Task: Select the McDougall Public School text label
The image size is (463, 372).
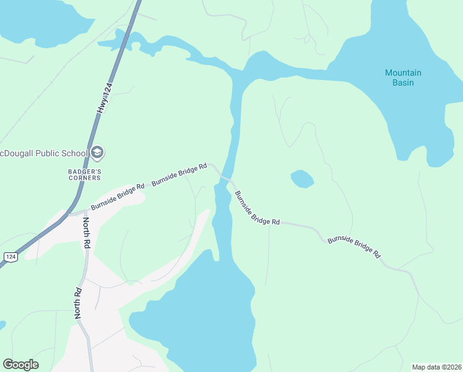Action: point(43,153)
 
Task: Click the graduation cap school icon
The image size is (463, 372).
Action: point(97,153)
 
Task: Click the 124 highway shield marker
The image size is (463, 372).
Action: point(9,257)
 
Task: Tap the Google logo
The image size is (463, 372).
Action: point(20,365)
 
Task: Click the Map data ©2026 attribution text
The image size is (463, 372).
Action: point(436,367)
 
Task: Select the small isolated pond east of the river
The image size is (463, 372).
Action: point(302,179)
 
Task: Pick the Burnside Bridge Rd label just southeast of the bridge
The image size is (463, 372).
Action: point(257,208)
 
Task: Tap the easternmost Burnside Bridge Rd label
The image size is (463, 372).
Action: point(354,246)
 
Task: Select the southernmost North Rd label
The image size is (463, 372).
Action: point(79,303)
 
